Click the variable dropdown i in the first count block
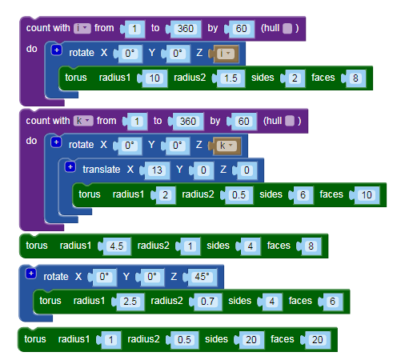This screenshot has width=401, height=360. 82,28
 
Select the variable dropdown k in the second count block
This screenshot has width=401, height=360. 83,121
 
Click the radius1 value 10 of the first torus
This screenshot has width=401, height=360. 154,78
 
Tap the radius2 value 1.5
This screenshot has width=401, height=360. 231,78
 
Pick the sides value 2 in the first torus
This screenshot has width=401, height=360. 295,78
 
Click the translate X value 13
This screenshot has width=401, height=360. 157,170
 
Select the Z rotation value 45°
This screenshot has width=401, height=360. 202,277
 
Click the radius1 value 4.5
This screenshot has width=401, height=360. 117,246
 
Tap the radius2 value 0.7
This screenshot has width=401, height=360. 207,302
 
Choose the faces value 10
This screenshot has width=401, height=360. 367,195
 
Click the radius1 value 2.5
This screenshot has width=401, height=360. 130,302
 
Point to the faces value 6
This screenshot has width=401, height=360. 332,302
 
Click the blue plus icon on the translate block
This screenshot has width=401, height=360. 70,167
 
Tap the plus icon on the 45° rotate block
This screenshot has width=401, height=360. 31,274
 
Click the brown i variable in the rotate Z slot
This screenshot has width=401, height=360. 226,54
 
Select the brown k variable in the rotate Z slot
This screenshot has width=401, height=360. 227,146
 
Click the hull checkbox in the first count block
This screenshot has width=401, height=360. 287,28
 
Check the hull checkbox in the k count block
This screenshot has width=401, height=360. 290,121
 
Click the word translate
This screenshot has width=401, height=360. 102,170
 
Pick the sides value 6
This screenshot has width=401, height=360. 303,195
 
